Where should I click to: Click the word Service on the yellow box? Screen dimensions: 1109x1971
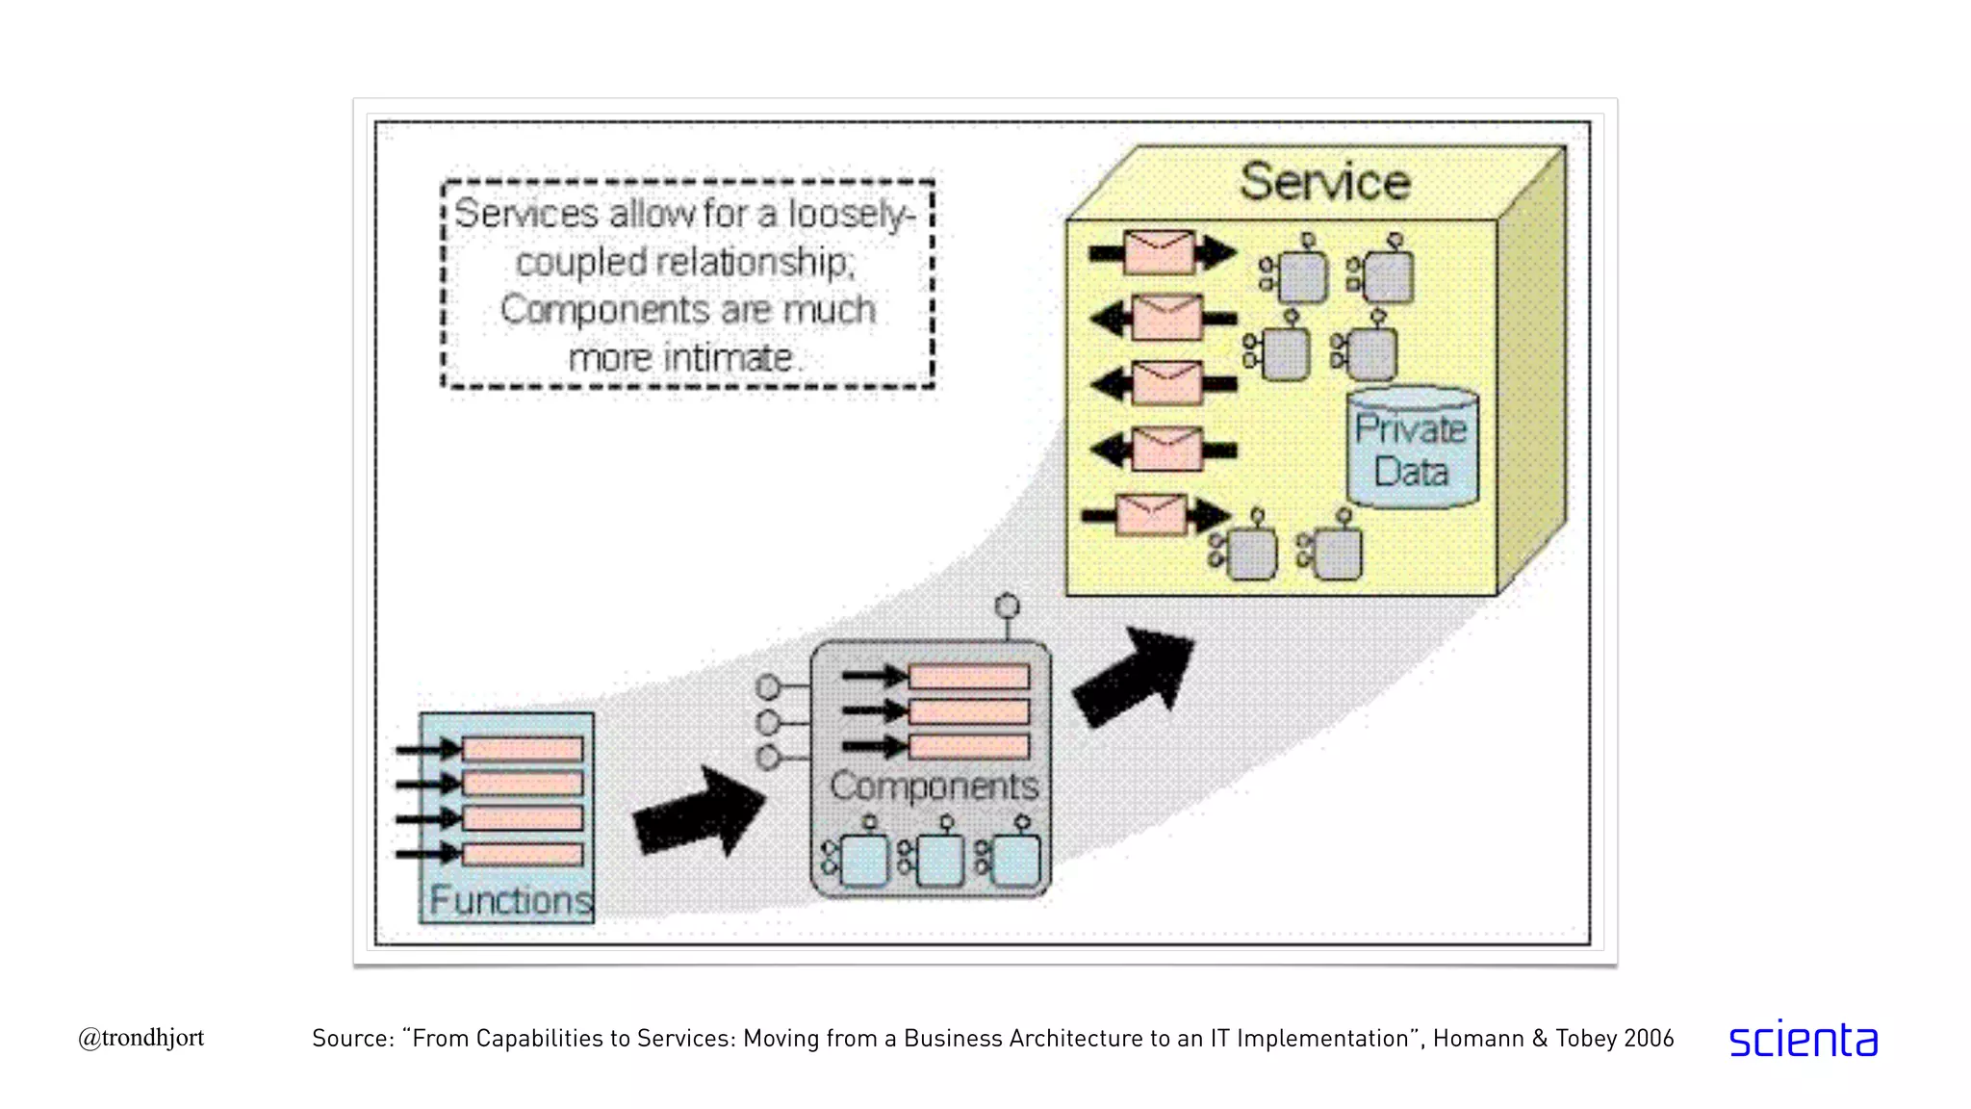click(1324, 182)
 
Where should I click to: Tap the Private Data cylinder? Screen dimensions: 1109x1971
click(1411, 449)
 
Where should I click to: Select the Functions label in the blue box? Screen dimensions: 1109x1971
click(509, 900)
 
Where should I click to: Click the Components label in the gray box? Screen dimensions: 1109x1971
click(934, 787)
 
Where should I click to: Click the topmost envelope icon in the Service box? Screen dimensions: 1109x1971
click(1160, 252)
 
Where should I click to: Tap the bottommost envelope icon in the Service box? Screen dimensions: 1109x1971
click(1151, 515)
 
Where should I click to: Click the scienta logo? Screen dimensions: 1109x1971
click(1803, 1040)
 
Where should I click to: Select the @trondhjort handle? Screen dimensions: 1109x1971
click(141, 1038)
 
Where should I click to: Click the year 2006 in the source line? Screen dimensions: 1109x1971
click(1648, 1039)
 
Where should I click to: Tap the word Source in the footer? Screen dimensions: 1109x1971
click(352, 1039)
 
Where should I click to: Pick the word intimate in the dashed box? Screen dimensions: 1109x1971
click(729, 358)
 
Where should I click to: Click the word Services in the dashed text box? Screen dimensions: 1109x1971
click(525, 214)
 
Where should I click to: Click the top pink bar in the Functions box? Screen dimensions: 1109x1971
click(523, 749)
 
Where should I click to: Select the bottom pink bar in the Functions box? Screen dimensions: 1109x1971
click(523, 854)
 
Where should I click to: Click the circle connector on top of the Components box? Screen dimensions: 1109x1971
click(1007, 606)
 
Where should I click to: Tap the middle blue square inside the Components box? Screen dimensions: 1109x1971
click(940, 860)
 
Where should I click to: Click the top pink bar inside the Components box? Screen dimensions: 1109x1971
click(968, 677)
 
